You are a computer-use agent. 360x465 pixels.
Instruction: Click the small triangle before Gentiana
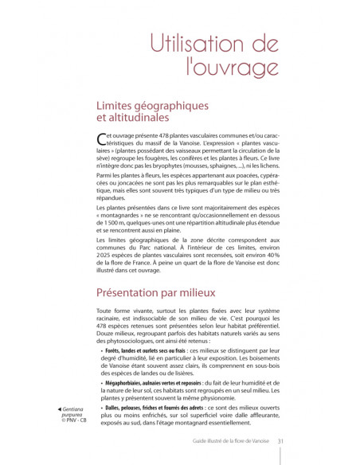click(x=53, y=408)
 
